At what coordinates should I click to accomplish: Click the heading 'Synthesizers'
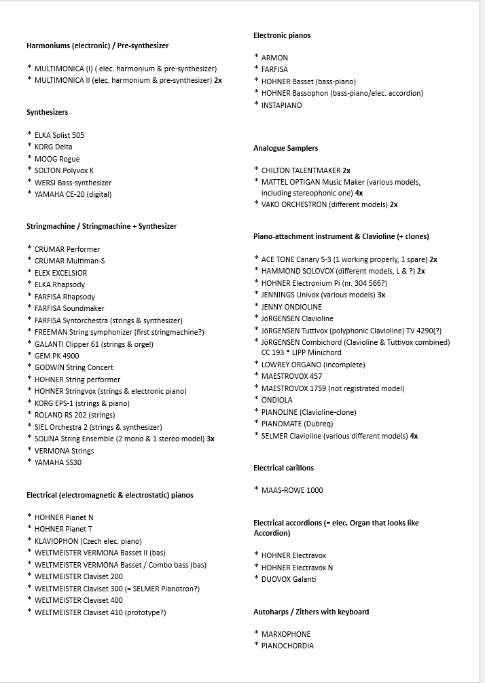click(x=47, y=112)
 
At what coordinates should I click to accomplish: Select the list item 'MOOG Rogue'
click(x=57, y=159)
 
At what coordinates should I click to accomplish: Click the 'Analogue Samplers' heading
click(x=285, y=148)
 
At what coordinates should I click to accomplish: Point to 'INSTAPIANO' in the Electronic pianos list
click(x=281, y=105)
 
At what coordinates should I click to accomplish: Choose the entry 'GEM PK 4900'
click(x=56, y=356)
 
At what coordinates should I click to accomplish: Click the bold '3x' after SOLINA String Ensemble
click(x=211, y=439)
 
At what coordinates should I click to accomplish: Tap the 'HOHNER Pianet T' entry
click(x=63, y=529)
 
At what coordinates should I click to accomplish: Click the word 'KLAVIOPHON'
click(x=56, y=541)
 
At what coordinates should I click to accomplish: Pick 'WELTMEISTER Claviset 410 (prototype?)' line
click(x=100, y=612)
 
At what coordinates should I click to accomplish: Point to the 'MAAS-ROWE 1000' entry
click(x=292, y=490)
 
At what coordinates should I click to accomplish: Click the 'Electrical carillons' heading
click(x=283, y=468)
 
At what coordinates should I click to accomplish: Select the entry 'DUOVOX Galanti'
click(x=289, y=579)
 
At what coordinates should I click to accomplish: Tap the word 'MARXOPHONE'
click(x=286, y=634)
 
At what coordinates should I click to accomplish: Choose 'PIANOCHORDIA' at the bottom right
click(x=287, y=646)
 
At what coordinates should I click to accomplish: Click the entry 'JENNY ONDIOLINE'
click(x=291, y=307)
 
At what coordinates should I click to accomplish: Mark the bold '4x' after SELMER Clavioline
click(x=414, y=436)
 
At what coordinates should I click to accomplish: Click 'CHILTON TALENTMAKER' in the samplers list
click(x=300, y=170)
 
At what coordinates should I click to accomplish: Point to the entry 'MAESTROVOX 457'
click(x=291, y=376)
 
